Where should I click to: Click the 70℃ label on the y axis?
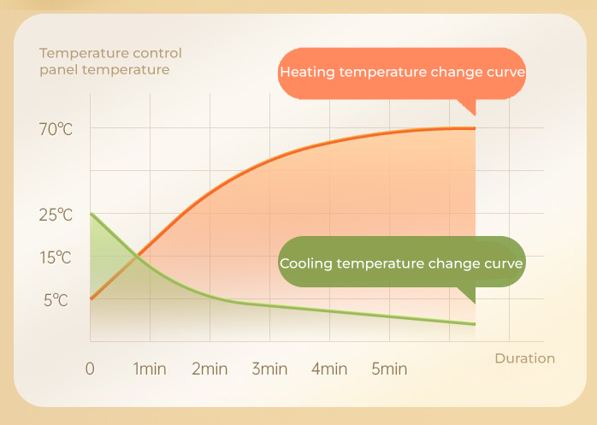(56, 129)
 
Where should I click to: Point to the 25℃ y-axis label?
(56, 215)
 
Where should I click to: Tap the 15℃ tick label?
(56, 257)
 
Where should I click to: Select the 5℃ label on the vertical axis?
(56, 300)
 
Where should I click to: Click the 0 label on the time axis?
(90, 369)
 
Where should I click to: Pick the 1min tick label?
(150, 369)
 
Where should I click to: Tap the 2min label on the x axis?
(210, 369)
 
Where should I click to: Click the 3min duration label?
(269, 369)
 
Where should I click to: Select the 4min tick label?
(329, 369)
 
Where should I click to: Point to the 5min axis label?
(389, 369)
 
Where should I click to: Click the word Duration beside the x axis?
(524, 358)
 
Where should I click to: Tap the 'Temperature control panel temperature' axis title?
(110, 62)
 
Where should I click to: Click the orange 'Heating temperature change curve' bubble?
(402, 74)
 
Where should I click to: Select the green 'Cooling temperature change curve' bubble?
(402, 262)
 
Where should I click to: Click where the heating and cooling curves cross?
(136, 257)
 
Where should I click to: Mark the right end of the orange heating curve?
(476, 128)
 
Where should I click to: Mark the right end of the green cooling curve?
(476, 324)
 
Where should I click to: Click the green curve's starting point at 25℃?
(91, 214)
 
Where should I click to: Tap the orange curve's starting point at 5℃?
(91, 299)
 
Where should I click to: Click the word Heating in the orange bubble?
(307, 73)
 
